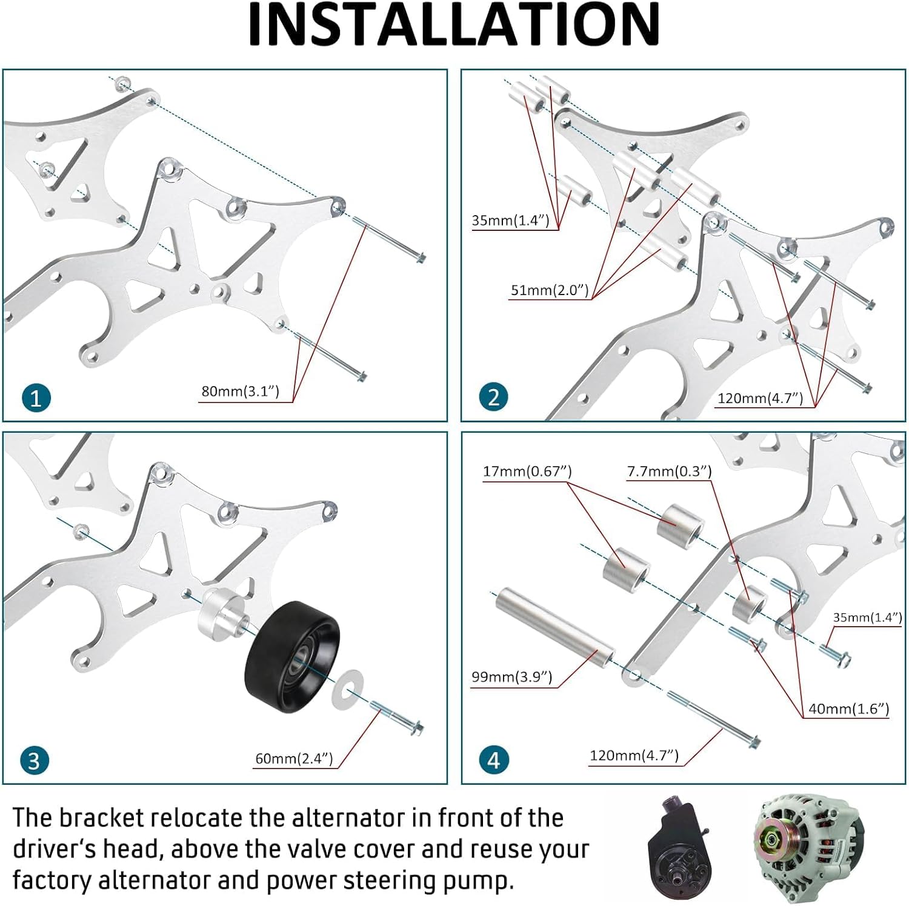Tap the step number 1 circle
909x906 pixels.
[36, 398]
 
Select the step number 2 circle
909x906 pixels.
[493, 397]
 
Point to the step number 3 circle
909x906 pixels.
[35, 760]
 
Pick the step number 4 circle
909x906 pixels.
[493, 759]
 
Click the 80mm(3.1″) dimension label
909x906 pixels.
[240, 391]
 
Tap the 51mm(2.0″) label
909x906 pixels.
[549, 290]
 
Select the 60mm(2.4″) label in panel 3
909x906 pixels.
[294, 759]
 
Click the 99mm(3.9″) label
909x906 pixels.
[512, 677]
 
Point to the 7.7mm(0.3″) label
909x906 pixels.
[669, 471]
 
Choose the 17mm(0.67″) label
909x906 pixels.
[527, 471]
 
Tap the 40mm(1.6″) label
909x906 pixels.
[848, 709]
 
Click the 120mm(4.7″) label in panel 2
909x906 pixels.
[760, 399]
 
